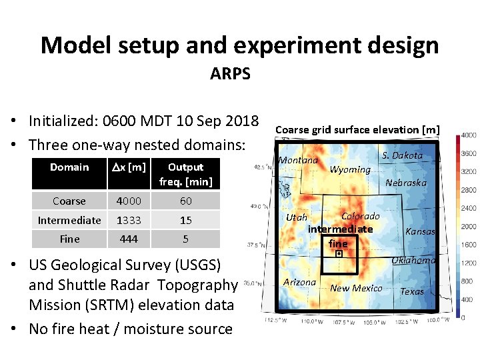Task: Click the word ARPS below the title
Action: tap(230, 74)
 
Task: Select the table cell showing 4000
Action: tap(129, 201)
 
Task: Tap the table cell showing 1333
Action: tap(129, 220)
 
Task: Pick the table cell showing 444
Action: tap(129, 239)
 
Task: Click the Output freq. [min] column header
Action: tap(185, 174)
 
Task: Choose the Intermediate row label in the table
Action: tap(69, 220)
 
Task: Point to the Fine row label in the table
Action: tap(69, 239)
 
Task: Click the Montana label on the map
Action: tap(298, 160)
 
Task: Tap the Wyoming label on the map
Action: tap(350, 169)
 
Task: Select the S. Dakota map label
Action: tap(402, 155)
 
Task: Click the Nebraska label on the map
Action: tap(406, 183)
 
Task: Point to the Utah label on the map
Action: tap(297, 217)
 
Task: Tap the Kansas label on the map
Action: tap(420, 231)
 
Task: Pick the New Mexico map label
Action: tap(356, 288)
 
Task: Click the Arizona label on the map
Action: tap(299, 282)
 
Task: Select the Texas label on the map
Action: tap(411, 291)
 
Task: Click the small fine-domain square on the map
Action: tap(339, 254)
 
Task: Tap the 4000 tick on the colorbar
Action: tap(468, 135)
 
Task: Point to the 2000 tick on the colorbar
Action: tap(468, 227)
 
